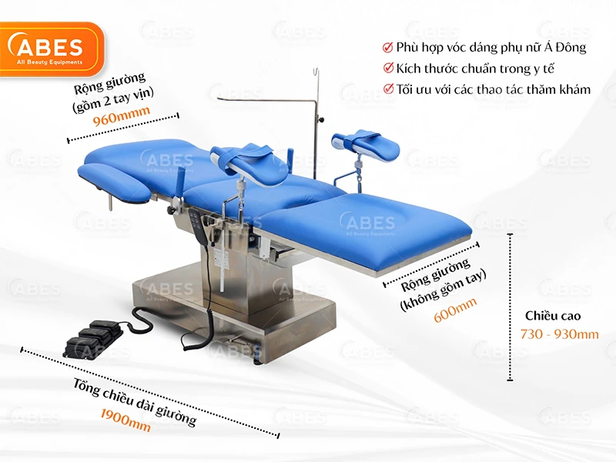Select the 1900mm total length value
point(126,420)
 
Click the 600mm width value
point(455,310)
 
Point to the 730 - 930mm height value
point(560,334)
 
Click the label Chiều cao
point(553,316)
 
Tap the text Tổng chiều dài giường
point(134,401)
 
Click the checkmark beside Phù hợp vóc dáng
point(388,48)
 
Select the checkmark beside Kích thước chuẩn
point(388,68)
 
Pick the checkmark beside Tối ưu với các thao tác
point(389,89)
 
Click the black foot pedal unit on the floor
point(92,339)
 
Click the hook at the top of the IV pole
point(316,72)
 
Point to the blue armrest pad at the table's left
point(114,180)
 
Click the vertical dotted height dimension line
point(510,306)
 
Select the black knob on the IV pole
point(323,119)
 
